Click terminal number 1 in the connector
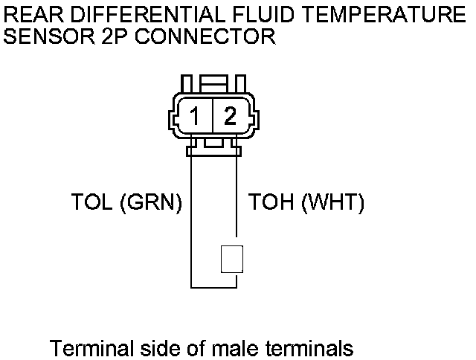point(194,116)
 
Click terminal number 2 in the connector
point(230,116)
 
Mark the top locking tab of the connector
point(213,82)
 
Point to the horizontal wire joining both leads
point(214,286)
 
